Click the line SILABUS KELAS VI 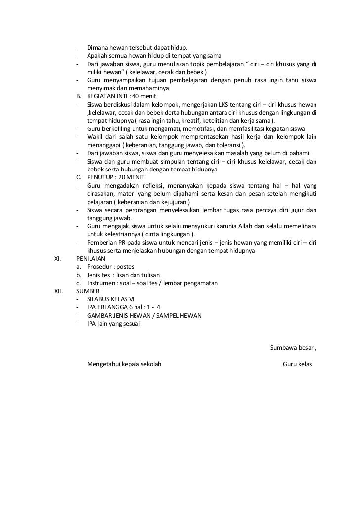pos(110,299)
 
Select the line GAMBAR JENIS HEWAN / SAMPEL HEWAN pos(144,315)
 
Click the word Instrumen pos(101,283)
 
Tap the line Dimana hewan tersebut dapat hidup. pos(137,48)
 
